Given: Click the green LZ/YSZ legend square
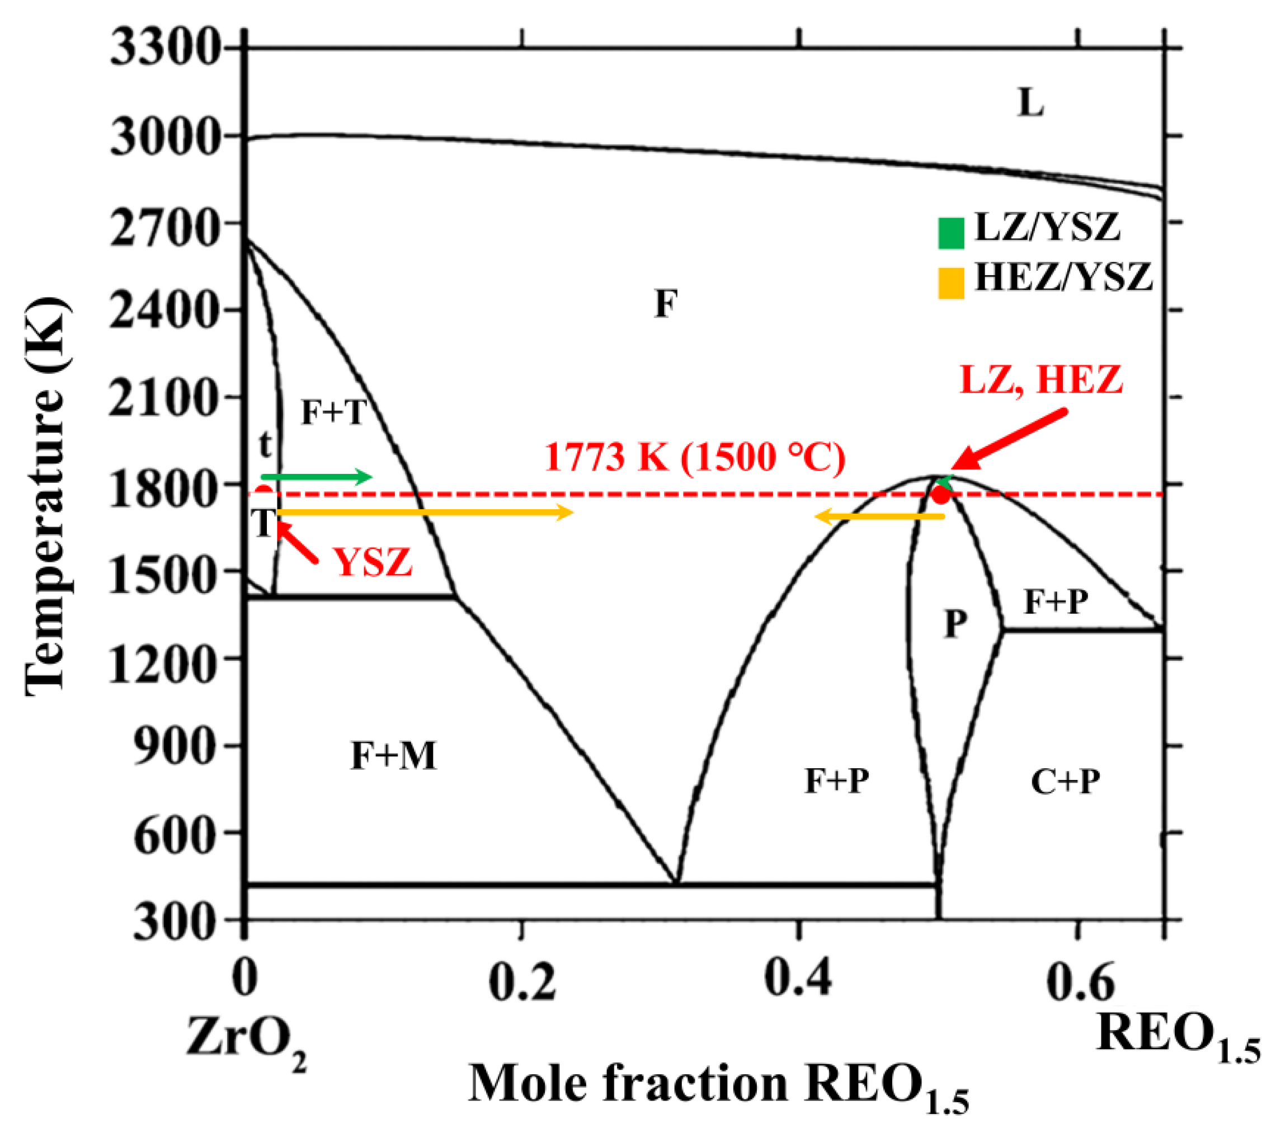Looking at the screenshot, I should [x=951, y=233].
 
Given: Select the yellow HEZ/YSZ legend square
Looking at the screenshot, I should [x=951, y=283].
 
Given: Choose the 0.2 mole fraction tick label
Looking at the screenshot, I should [x=522, y=981].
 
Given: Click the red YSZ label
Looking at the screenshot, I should [x=373, y=562].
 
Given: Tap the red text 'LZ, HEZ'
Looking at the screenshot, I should [x=1041, y=379].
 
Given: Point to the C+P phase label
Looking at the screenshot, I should [x=1066, y=782].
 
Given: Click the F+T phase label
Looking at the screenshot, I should [x=334, y=412].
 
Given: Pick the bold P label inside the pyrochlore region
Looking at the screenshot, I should [x=955, y=624].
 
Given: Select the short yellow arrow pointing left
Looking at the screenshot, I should [x=879, y=517].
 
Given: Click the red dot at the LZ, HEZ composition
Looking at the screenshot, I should [x=941, y=495].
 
